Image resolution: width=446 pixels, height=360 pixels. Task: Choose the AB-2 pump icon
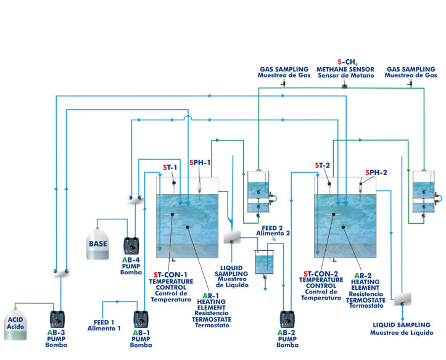pyautogui.click(x=286, y=319)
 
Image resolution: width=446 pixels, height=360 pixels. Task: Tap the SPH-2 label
pyautogui.click(x=376, y=172)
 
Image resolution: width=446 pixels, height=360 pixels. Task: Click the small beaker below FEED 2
pyautogui.click(x=265, y=262)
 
